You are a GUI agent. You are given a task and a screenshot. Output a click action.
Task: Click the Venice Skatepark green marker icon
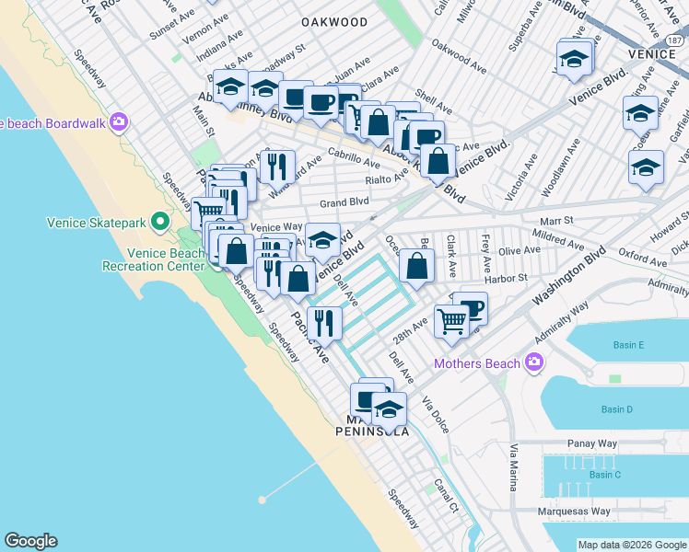160,222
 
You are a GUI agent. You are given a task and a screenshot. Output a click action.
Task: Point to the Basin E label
628,345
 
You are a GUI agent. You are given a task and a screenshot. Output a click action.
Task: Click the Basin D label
616,409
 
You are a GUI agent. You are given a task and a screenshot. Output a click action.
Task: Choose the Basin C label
605,475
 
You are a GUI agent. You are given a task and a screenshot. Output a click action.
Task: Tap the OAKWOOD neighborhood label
333,22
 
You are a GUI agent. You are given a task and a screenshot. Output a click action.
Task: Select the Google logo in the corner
30,541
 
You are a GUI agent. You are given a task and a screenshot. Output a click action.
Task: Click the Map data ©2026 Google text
631,545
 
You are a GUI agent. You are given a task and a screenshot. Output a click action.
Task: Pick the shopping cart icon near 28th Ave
450,321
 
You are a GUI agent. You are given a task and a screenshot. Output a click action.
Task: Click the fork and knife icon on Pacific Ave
324,322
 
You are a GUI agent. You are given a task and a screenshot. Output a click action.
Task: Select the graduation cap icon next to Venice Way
322,239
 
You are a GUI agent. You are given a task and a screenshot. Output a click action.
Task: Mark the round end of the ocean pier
263,500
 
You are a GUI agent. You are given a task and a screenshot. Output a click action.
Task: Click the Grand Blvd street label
344,202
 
